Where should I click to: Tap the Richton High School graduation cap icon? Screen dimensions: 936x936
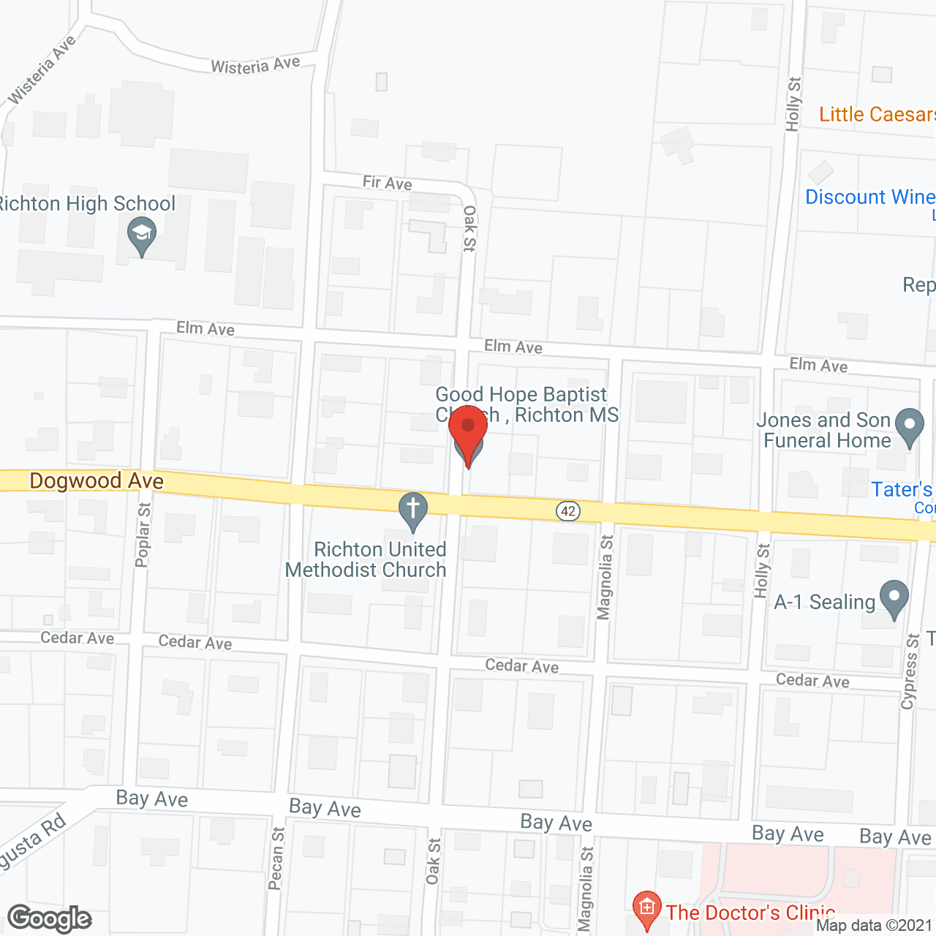point(142,236)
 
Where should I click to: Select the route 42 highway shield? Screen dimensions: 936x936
point(568,511)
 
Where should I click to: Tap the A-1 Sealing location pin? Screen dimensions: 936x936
point(894,598)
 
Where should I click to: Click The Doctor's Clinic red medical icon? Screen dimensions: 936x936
point(646,909)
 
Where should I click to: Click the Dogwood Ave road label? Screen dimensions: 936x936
point(97,480)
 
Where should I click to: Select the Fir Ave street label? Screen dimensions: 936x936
point(387,182)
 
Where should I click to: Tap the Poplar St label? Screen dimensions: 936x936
point(143,535)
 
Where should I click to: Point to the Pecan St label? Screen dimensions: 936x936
point(276,858)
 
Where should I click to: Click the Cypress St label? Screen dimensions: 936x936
point(910,671)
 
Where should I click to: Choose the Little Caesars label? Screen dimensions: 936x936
point(876,114)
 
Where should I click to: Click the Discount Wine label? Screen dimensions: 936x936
point(869,197)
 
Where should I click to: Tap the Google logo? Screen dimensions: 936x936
point(50,918)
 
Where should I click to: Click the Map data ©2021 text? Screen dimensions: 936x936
point(874,926)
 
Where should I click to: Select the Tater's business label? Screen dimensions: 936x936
point(902,489)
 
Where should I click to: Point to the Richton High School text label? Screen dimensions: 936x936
point(86,203)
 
